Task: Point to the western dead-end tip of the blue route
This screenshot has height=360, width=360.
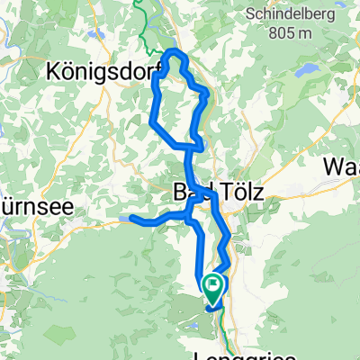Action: (x=131, y=218)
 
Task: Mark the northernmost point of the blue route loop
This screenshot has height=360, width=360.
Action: (x=175, y=52)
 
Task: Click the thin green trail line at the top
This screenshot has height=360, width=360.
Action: (x=141, y=22)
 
